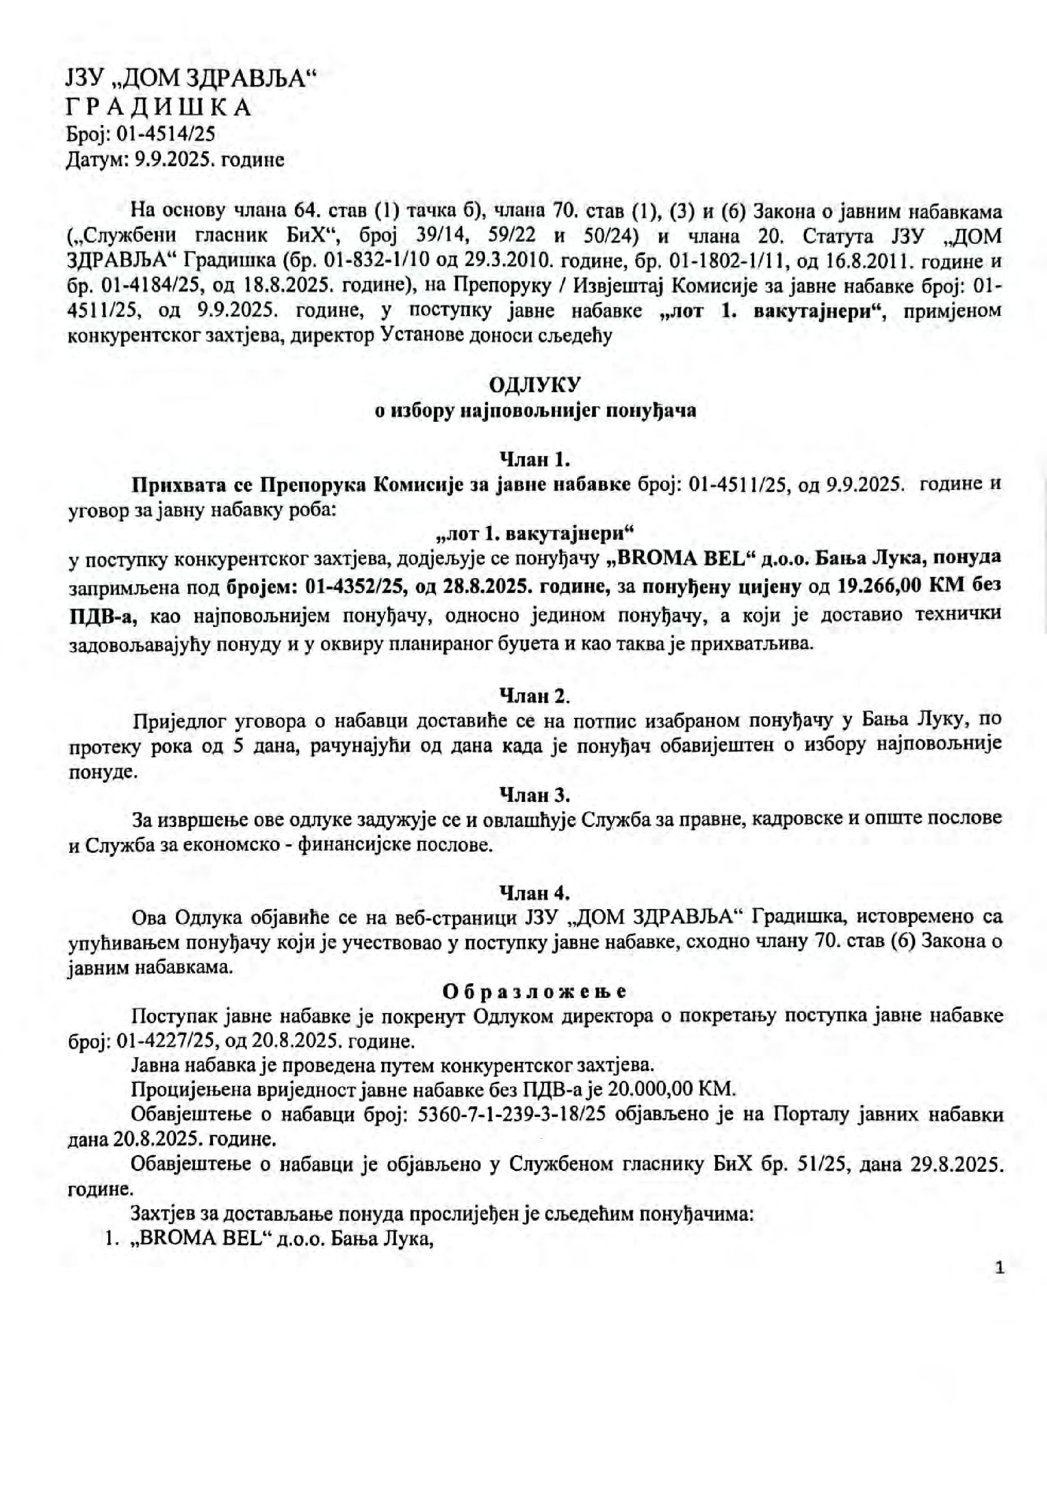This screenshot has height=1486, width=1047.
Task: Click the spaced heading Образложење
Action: [535, 991]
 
